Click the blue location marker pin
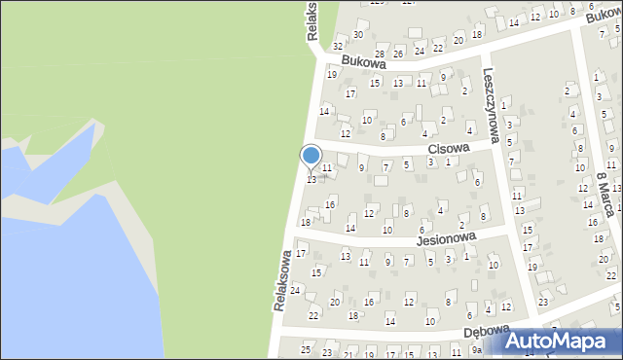[x=311, y=157]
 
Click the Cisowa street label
[x=449, y=148]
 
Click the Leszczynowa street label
[x=491, y=106]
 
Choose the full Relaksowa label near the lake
[x=283, y=282]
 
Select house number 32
[x=338, y=46]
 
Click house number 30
[x=358, y=35]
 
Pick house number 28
[x=381, y=54]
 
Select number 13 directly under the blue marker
[x=311, y=180]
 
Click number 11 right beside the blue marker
[x=328, y=168]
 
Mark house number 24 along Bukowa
[x=419, y=50]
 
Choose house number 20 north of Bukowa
[x=458, y=40]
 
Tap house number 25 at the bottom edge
[x=306, y=349]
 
